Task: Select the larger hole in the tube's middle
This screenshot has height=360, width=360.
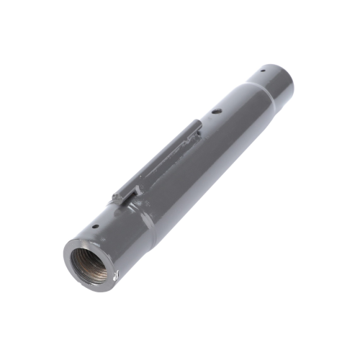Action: [215, 112]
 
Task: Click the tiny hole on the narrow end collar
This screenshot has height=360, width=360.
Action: [264, 71]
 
